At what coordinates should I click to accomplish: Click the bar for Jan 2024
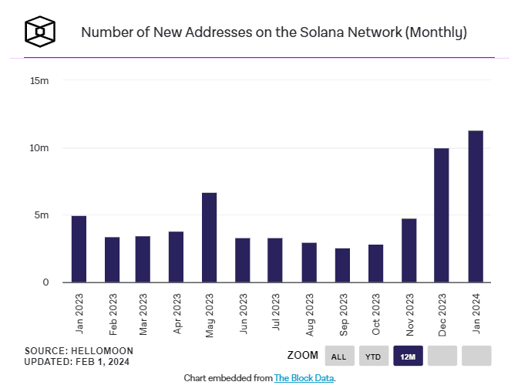476,206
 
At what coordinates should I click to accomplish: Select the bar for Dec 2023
441,215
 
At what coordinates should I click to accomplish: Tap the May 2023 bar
209,238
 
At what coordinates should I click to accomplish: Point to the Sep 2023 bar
342,265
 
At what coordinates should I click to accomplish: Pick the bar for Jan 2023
79,249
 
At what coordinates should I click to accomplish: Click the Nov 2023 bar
409,251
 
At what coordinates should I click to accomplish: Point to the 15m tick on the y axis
39,81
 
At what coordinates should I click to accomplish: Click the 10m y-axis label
39,148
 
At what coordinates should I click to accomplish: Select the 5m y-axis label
42,215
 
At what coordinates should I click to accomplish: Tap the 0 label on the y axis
45,282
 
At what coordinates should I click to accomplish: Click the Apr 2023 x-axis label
177,314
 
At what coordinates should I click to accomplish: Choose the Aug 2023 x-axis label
310,315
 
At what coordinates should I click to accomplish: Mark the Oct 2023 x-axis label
376,314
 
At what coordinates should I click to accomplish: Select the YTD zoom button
373,356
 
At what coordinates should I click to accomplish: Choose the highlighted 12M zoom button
408,356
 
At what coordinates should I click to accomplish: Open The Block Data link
304,378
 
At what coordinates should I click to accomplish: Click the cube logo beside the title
40,32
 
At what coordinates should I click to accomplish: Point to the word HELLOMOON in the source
102,351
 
